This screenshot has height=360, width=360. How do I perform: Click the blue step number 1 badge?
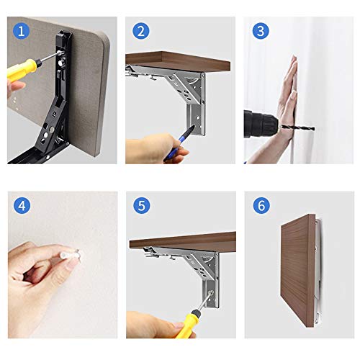pyautogui.click(x=22, y=31)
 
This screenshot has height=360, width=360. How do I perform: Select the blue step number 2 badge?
pyautogui.click(x=141, y=31)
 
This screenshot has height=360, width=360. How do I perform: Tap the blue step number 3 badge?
pyautogui.click(x=261, y=31)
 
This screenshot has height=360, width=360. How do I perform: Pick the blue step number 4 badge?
pyautogui.click(x=22, y=206)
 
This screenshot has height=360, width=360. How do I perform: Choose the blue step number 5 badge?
pyautogui.click(x=142, y=206)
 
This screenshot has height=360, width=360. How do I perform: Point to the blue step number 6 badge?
pyautogui.click(x=261, y=206)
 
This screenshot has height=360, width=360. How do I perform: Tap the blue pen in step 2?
pyautogui.click(x=180, y=143)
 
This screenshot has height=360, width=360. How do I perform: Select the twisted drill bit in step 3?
pyautogui.click(x=297, y=127)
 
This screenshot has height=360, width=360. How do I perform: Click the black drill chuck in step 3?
pyautogui.click(x=261, y=124)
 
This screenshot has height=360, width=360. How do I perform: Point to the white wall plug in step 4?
pyautogui.click(x=70, y=254)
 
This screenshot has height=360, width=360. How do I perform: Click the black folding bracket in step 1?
pyautogui.click(x=45, y=99)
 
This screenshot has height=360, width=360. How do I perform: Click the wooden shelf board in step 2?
pyautogui.click(x=178, y=60)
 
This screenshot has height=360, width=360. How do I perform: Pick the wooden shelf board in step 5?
pyautogui.click(x=183, y=242)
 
